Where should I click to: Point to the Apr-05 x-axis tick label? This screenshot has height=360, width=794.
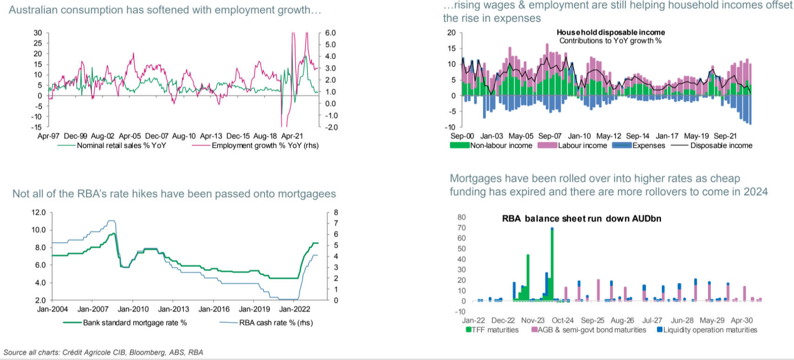pos(130,136)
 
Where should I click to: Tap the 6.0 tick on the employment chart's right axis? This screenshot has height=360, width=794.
pos(330,33)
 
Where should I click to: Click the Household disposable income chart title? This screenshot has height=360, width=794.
pos(610,33)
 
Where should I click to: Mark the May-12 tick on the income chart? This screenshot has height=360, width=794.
pos(609,136)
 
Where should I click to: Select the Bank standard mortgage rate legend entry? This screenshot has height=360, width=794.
pos(135,323)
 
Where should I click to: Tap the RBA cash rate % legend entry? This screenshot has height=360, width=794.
pos(276,323)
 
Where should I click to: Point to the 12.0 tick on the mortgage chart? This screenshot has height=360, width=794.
pos(39,213)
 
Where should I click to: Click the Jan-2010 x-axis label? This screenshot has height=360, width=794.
pos(133,309)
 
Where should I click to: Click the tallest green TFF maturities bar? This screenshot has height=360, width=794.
pos(552,265)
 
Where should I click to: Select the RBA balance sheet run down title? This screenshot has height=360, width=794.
pos(581,218)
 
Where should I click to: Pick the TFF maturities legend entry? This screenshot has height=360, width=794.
pos(495,330)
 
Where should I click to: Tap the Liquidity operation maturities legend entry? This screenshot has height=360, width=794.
pos(710,330)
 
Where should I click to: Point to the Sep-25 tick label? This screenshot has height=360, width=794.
pos(592,320)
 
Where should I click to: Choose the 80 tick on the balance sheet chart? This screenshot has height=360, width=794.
pos(461,217)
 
